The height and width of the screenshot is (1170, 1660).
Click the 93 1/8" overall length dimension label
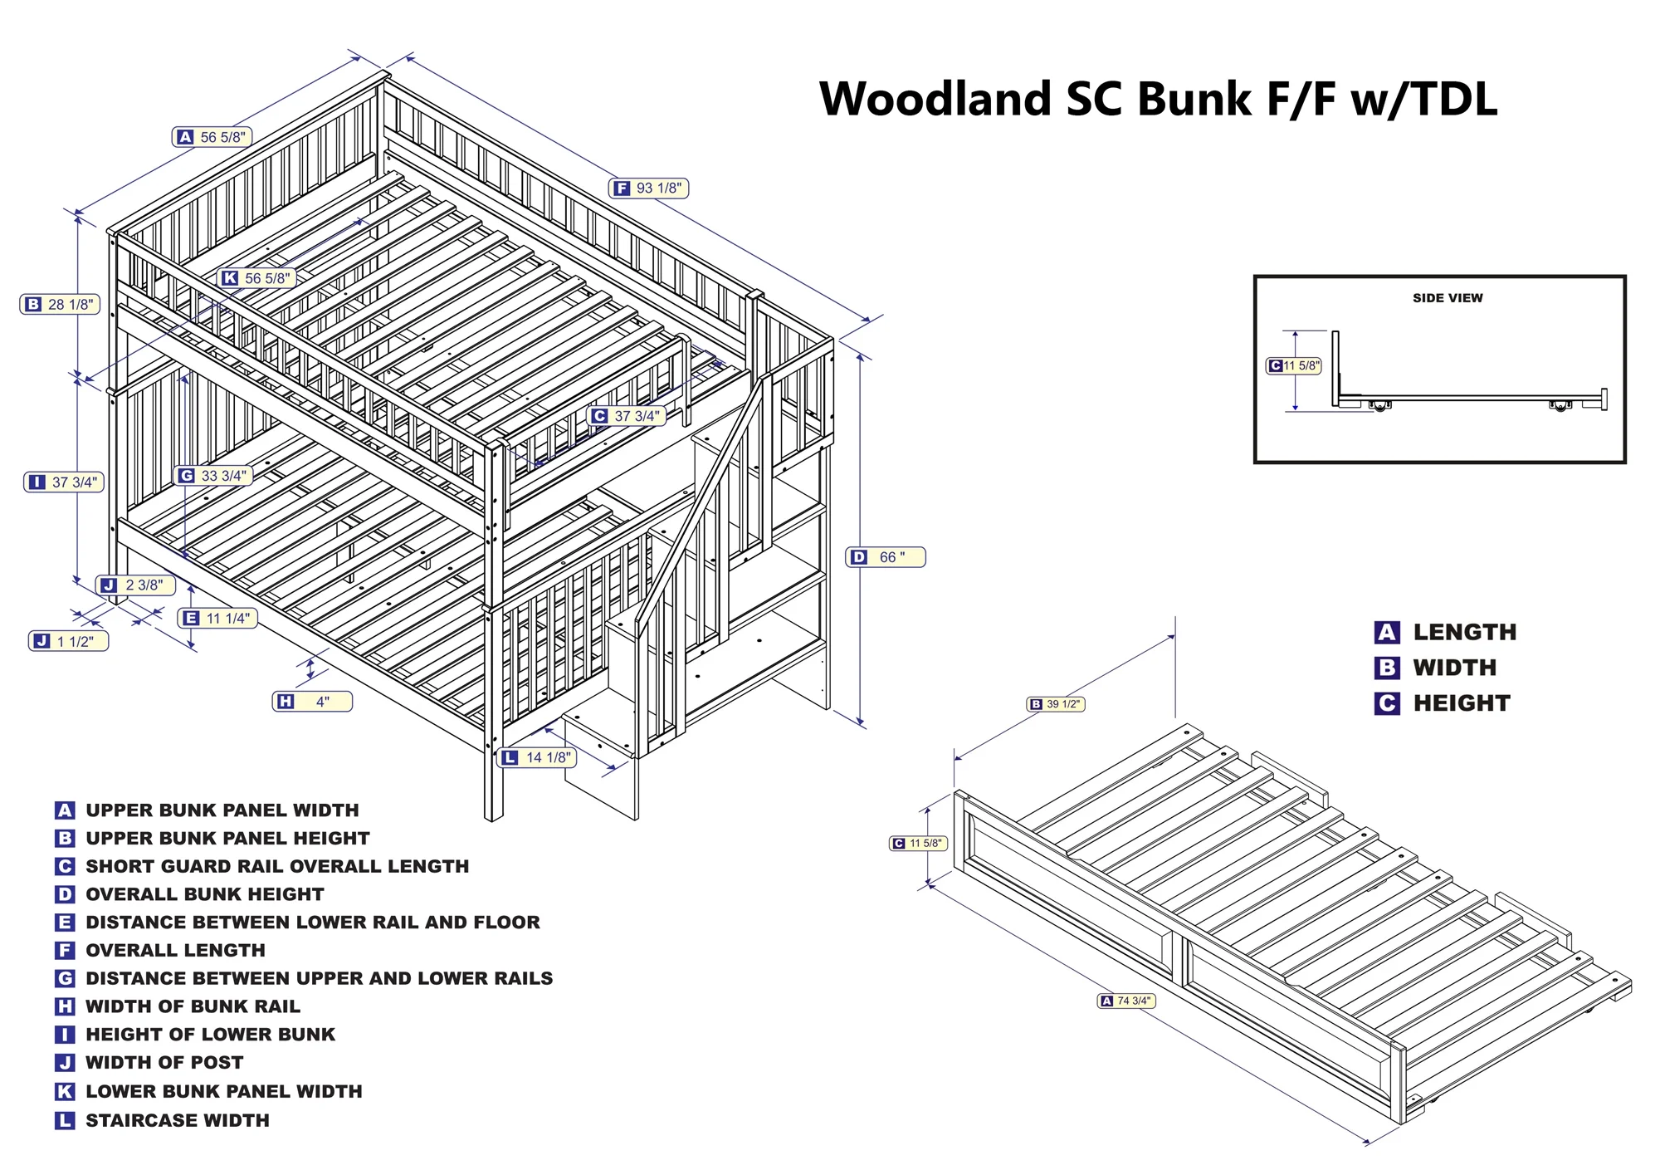tap(649, 188)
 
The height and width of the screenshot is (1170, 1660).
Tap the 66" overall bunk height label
tap(885, 557)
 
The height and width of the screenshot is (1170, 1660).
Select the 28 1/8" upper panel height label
tap(61, 305)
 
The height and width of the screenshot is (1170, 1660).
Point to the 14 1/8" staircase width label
tap(537, 757)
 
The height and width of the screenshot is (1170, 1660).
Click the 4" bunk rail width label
tap(313, 702)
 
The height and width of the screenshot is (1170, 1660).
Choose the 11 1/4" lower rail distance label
tap(217, 619)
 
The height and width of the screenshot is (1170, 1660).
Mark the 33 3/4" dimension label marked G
tap(213, 476)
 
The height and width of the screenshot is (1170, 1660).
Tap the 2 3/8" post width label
tap(135, 585)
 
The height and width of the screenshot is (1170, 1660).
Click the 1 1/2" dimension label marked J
tap(68, 642)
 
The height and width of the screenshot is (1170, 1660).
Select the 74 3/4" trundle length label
tap(1126, 1001)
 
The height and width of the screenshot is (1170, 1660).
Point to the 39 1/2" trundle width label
tap(1056, 704)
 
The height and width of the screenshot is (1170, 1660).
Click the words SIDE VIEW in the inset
tap(1448, 298)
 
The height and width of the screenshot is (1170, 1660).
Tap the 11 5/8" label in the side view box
tap(1294, 365)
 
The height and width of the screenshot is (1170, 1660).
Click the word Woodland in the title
tap(935, 99)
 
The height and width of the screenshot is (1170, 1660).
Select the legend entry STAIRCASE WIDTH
tap(177, 1120)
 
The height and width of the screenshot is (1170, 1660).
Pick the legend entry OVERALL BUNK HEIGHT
tap(204, 894)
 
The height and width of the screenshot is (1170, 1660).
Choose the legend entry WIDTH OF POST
tap(164, 1062)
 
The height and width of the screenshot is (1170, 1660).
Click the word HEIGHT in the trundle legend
tap(1462, 703)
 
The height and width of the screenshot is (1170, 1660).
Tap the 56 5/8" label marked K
tap(257, 278)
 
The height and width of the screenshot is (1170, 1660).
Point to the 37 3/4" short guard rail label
tap(627, 416)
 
